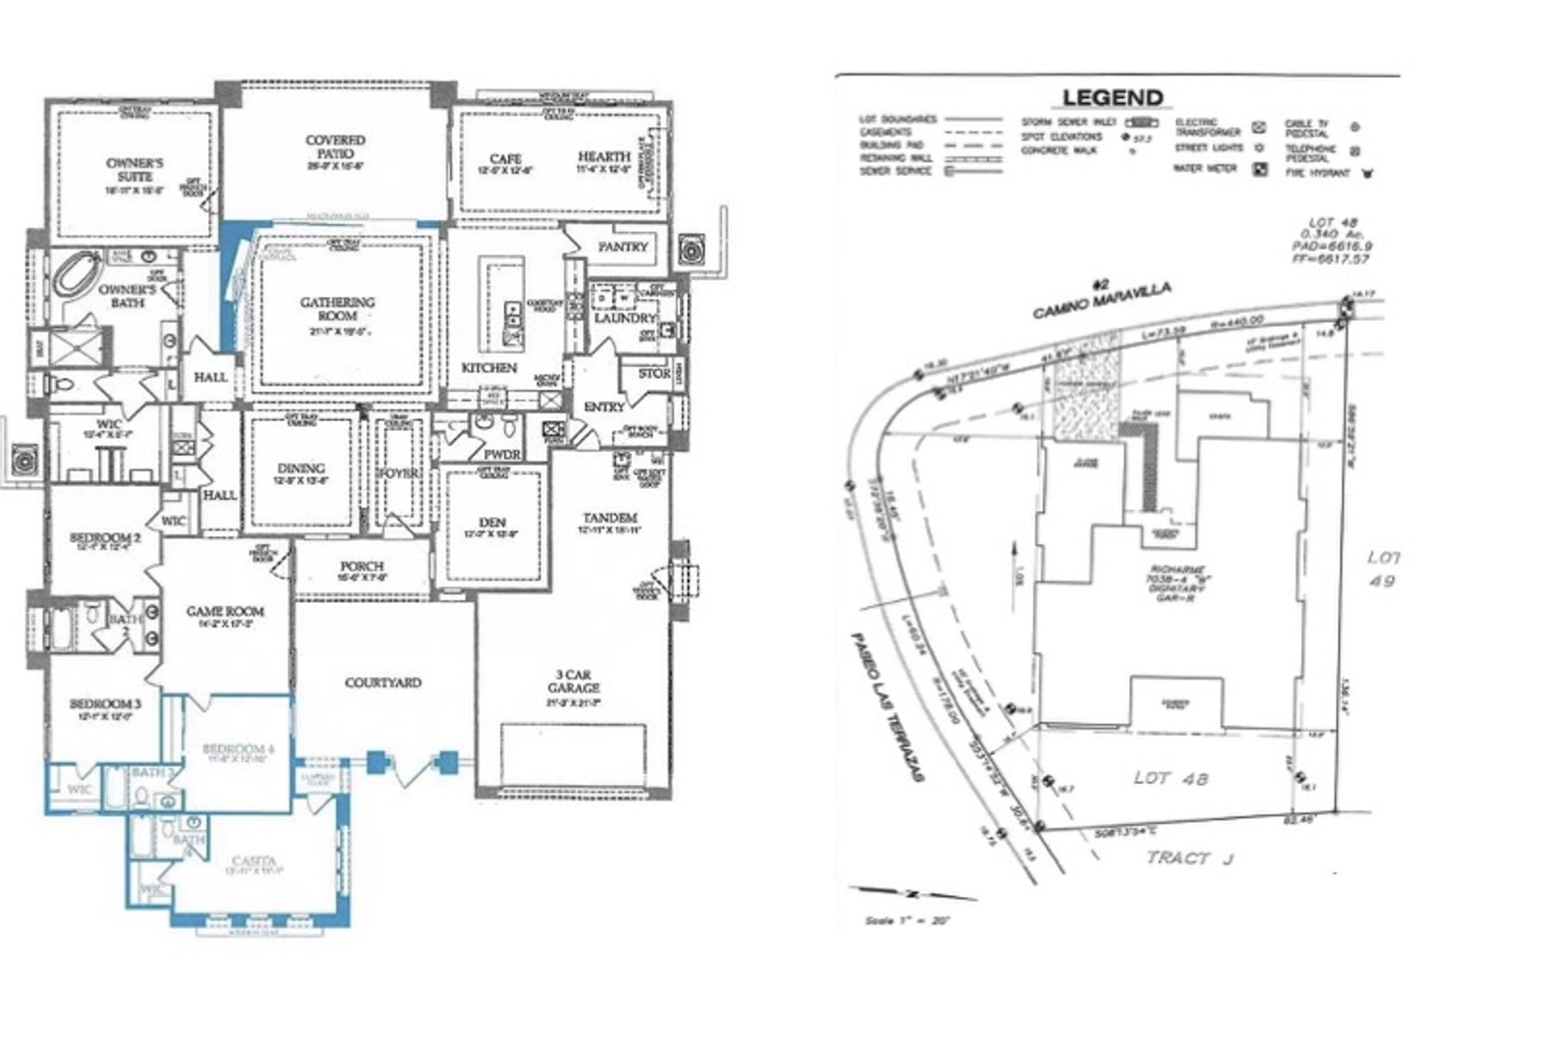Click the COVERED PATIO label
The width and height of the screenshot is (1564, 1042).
335,147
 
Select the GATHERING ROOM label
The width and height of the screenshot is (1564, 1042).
337,309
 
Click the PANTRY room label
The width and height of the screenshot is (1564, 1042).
623,247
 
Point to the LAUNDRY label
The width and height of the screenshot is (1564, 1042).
625,318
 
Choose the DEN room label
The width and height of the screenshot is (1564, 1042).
492,522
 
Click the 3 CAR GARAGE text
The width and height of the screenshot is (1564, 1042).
573,681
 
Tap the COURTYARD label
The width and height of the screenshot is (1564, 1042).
383,682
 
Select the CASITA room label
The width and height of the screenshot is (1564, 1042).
253,861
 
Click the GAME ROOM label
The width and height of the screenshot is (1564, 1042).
225,612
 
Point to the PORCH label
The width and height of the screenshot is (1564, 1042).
362,566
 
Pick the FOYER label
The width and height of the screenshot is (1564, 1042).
398,474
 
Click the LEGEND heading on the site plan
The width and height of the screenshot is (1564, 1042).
1113,98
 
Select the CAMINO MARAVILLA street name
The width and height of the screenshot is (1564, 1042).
1101,301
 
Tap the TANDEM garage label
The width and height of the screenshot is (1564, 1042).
610,518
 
